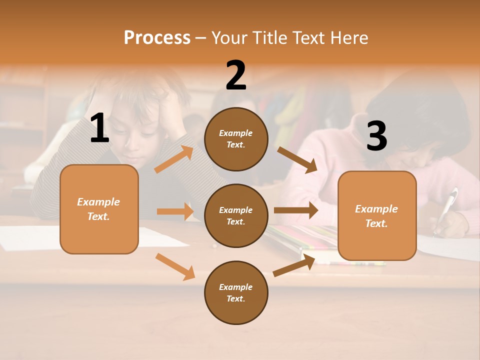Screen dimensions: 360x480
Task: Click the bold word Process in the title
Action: click(157, 37)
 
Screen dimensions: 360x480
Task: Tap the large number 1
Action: click(99, 128)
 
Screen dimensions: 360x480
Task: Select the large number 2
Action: click(236, 75)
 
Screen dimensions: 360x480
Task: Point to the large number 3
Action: click(376, 136)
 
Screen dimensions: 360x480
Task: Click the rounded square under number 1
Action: click(99, 209)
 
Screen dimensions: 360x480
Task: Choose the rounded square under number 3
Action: click(377, 215)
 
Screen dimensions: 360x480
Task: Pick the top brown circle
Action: click(236, 139)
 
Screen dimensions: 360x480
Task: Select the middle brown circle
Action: click(236, 215)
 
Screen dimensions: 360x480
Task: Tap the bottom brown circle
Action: click(236, 292)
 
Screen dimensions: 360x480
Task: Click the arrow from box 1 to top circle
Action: click(174, 159)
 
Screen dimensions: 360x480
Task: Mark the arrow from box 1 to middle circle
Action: click(175, 211)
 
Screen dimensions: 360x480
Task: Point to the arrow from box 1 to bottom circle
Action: click(175, 266)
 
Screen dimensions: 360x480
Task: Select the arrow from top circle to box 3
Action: click(297, 160)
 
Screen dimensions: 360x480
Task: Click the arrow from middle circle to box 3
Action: click(296, 210)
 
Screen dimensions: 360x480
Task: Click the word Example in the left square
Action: click(98, 202)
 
